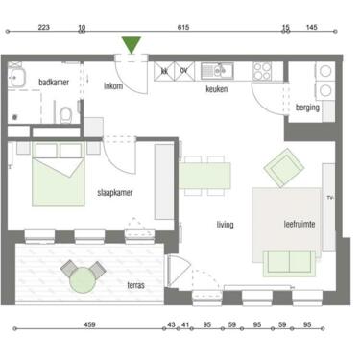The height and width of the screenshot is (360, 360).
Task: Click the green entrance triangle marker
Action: pyautogui.click(x=132, y=44)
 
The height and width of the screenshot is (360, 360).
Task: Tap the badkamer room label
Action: pyautogui.click(x=54, y=83)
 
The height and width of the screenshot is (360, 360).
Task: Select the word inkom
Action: pyautogui.click(x=113, y=85)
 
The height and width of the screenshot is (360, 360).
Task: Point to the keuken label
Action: pyautogui.click(x=217, y=89)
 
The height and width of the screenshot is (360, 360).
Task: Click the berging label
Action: pyautogui.click(x=307, y=108)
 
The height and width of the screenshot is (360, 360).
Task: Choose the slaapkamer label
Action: pyautogui.click(x=115, y=193)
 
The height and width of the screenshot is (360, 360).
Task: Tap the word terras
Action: pyautogui.click(x=136, y=285)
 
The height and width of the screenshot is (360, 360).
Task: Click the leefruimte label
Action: pyautogui.click(x=300, y=224)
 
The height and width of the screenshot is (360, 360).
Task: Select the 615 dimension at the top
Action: pyautogui.click(x=183, y=27)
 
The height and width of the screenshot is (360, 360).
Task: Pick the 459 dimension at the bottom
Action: pyautogui.click(x=89, y=324)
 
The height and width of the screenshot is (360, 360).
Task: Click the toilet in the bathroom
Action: pyautogui.click(x=66, y=115)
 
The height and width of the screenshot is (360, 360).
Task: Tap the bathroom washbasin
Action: pyautogui.click(x=16, y=77)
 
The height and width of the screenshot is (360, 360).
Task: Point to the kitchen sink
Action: pyautogui.click(x=217, y=71)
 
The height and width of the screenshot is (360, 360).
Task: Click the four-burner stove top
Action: pyautogui.click(x=262, y=71)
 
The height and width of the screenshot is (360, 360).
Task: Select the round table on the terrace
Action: pyautogui.click(x=83, y=280)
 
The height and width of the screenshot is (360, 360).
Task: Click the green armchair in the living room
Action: pyautogui.click(x=284, y=168)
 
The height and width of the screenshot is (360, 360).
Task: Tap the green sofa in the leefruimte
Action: pyautogui.click(x=289, y=263)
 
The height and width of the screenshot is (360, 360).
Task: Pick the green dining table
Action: pyautogui.click(x=204, y=176)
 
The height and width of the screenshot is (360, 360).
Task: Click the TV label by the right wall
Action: pyautogui.click(x=330, y=198)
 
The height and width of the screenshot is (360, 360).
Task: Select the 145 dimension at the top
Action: pyautogui.click(x=311, y=27)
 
